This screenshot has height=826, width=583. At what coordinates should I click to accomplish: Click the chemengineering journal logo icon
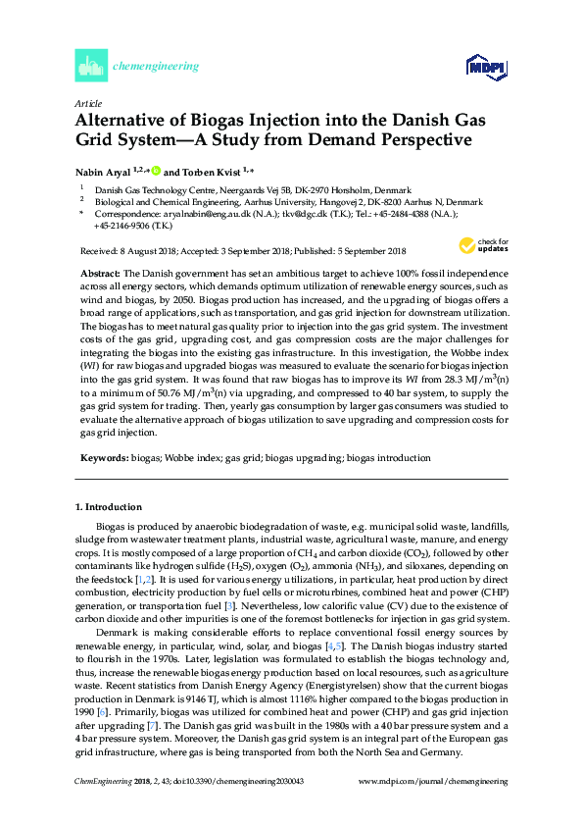click(90, 66)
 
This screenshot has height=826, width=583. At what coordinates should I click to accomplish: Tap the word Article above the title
click(87, 102)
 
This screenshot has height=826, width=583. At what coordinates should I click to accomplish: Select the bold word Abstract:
click(99, 270)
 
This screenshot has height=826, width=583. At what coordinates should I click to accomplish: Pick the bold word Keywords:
click(103, 457)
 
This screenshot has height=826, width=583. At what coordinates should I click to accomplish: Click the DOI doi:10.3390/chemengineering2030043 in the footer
click(221, 807)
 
